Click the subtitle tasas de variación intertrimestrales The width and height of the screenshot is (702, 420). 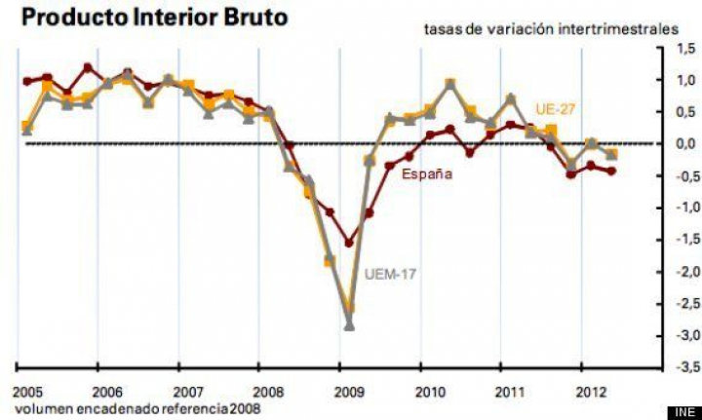pos(550,29)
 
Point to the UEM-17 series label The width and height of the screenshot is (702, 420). pos(390,274)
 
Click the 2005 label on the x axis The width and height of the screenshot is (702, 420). pos(27,392)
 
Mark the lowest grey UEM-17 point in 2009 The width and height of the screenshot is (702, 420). pos(349,325)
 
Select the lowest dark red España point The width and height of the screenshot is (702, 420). pos(349,243)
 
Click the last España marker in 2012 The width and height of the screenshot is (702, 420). pos(611,172)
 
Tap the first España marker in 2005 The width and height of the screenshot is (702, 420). pos(26,81)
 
